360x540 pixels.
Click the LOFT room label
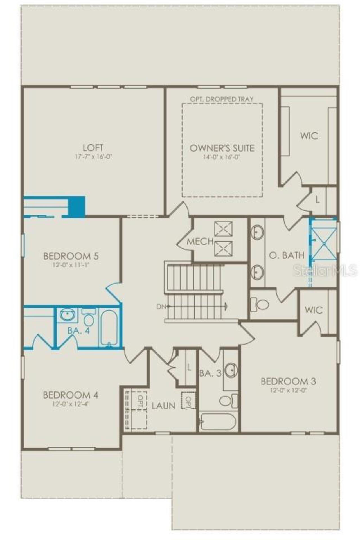pos(93,147)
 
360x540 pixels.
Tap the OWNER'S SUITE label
pos(222,148)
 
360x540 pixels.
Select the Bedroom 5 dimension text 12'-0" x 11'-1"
pos(71,265)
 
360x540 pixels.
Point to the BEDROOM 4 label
pos(71,395)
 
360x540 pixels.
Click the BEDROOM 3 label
pos(288,381)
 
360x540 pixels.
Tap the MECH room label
pos(200,241)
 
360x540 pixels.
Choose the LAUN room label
pos(164,406)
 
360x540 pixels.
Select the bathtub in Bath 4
pos(109,328)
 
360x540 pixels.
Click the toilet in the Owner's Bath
pos(260,304)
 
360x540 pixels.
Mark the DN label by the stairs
pos(161,307)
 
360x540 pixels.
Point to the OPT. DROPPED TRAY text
pos(222,99)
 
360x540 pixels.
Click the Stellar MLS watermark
pos(325,270)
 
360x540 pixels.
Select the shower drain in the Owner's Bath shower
pos(324,243)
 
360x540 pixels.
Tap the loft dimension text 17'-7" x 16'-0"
pos(93,157)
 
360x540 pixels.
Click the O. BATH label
pos(287,255)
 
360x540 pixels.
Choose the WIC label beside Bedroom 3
pos(314,310)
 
